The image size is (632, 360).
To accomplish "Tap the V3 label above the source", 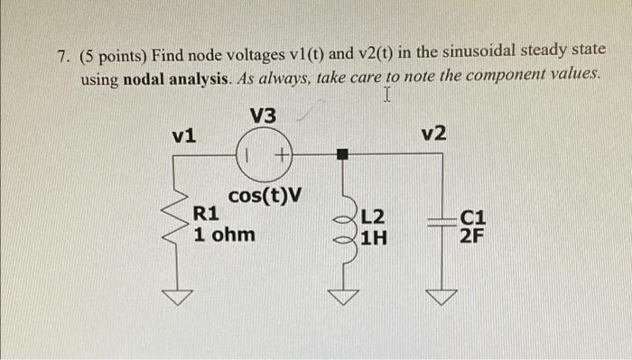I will (x=264, y=116).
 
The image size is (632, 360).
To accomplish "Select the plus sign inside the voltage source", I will (x=281, y=154).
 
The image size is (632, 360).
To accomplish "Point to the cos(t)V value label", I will (x=265, y=195).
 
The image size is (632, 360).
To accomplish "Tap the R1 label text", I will (x=208, y=215).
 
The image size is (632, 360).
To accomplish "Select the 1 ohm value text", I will (x=224, y=235).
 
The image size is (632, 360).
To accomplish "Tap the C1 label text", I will (x=473, y=217).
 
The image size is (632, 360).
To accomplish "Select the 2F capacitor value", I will (x=471, y=237).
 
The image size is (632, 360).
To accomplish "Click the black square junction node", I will (x=342, y=154).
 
